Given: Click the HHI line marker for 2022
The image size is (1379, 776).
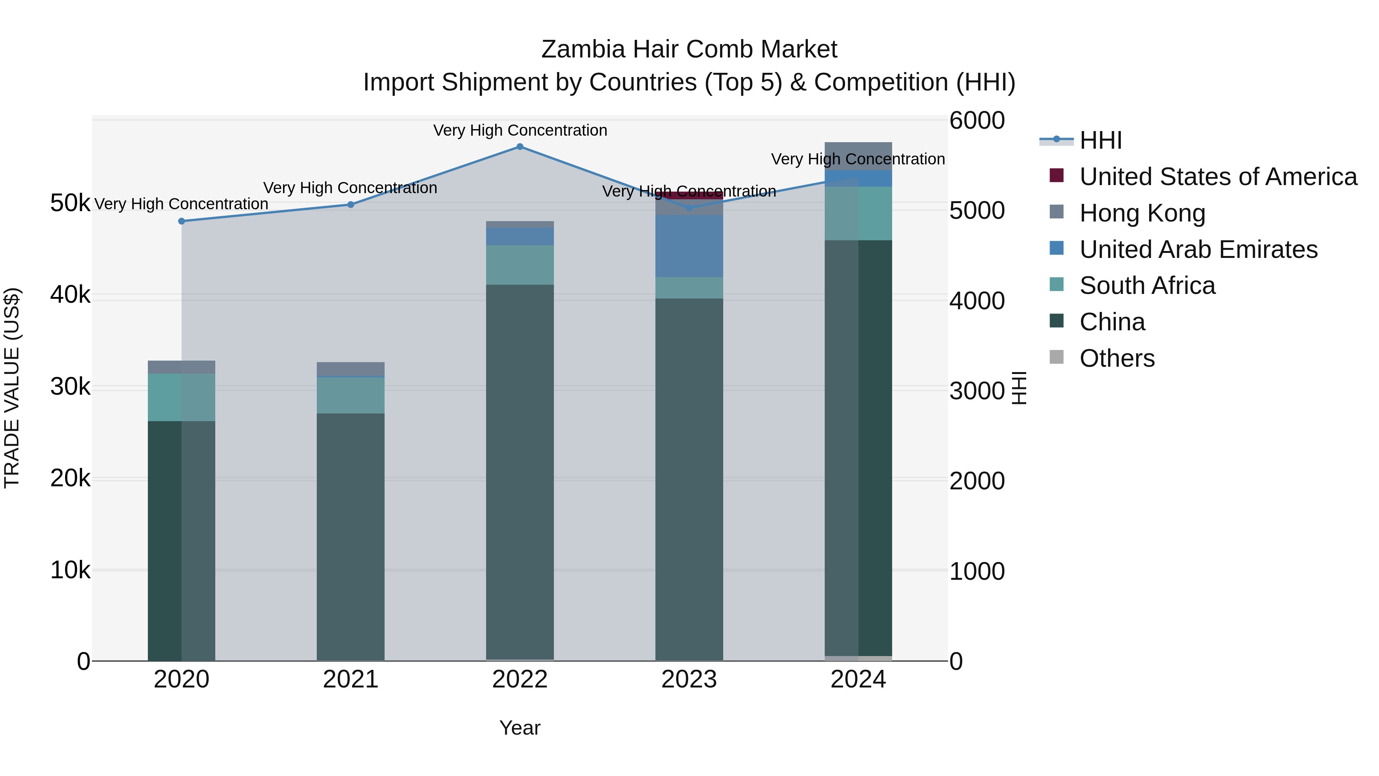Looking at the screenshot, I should (x=520, y=147).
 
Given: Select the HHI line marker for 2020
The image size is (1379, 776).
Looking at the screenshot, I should (x=182, y=221).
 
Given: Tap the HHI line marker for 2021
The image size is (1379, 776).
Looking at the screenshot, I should (x=350, y=205).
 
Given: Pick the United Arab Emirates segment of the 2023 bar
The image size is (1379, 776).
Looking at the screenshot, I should (x=689, y=246).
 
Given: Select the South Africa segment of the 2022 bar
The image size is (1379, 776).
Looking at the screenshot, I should (x=520, y=265).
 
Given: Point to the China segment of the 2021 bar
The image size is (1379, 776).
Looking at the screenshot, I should (x=350, y=536).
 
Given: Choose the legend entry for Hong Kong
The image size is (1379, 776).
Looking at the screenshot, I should (x=1142, y=213).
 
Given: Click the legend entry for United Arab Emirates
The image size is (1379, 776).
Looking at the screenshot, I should (x=1198, y=249).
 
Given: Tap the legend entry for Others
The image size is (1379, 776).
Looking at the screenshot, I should (x=1117, y=358).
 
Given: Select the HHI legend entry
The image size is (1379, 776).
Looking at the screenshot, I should (x=1100, y=140).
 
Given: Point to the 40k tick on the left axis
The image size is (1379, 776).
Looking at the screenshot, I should (x=70, y=295).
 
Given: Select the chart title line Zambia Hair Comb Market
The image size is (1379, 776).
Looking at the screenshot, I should (x=689, y=49).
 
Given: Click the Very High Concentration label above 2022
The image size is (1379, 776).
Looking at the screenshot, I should (x=520, y=131).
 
